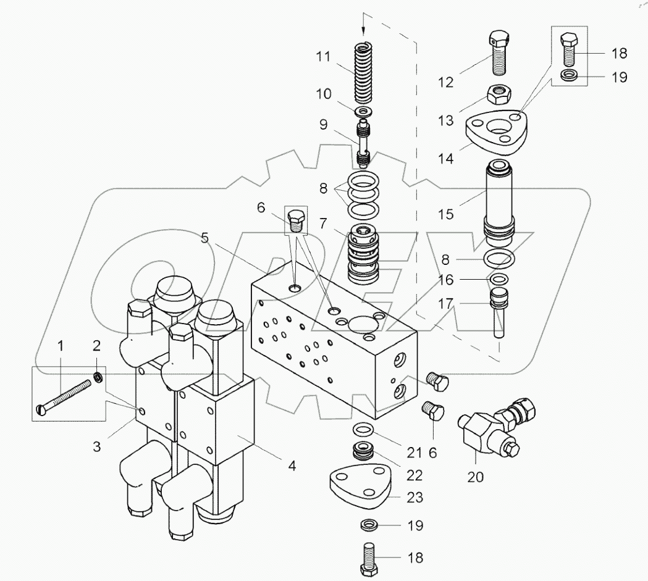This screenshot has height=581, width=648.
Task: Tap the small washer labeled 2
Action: coord(98,376)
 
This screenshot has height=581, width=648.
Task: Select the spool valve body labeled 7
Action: coord(368,256)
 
